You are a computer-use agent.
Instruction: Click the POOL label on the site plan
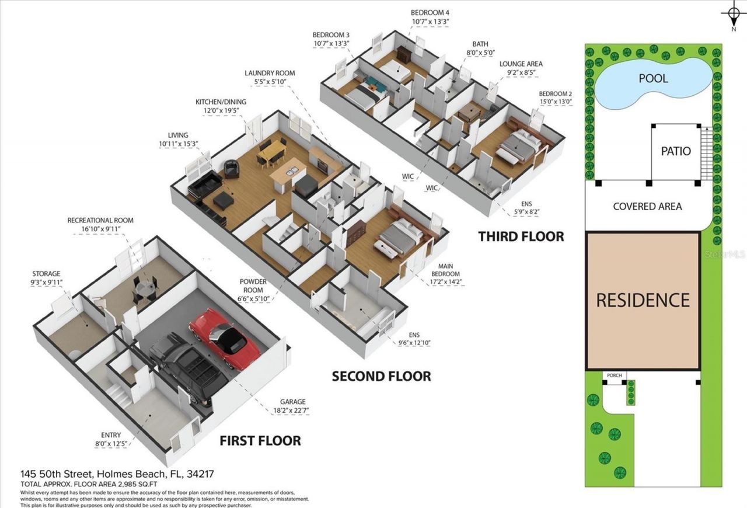653,78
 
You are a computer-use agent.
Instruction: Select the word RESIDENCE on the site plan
643,300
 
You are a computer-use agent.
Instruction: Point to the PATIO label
676,151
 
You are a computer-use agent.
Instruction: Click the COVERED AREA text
647,206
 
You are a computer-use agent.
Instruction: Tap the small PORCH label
614,375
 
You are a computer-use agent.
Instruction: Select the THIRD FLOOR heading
521,236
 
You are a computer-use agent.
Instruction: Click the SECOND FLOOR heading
381,377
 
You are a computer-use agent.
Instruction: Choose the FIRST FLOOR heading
260,440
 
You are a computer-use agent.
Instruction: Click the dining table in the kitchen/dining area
271,153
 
